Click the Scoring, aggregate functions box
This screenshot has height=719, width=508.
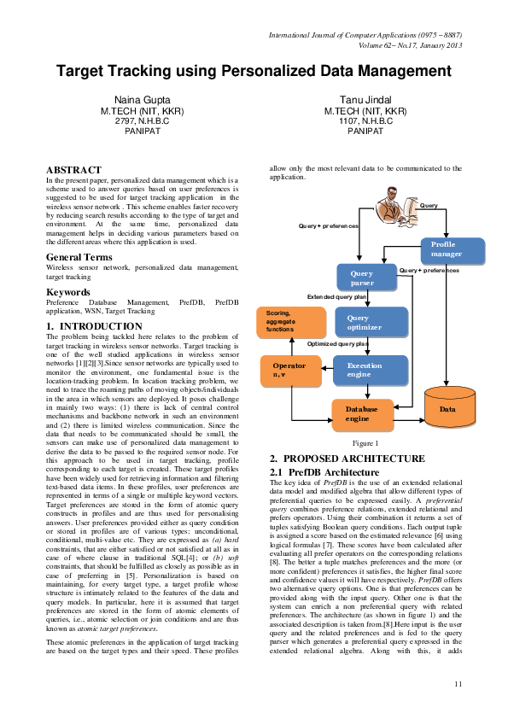tap(291, 322)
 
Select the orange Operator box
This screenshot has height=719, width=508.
tap(289, 370)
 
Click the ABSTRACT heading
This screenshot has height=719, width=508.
tap(73, 171)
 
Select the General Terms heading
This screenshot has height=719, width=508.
tap(84, 257)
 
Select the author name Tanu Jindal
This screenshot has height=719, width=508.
tap(365, 102)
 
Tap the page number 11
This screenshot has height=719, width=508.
tap(458, 684)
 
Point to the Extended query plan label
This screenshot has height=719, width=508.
tap(337, 297)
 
